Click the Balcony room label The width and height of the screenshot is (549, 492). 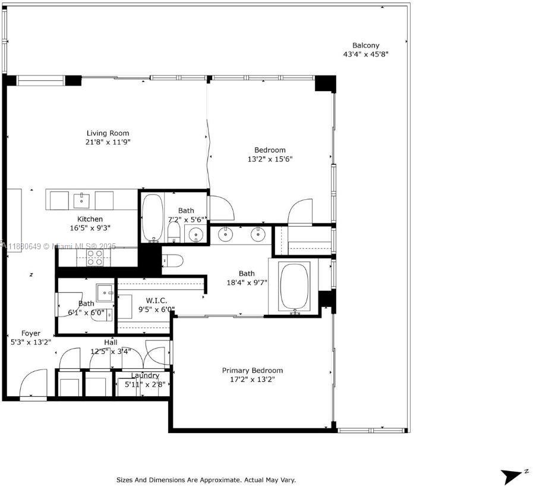pos(365,45)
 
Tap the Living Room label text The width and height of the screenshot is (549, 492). pos(108,133)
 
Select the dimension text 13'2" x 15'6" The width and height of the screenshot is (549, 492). pos(270,159)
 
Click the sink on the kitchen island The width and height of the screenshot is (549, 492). pos(81,200)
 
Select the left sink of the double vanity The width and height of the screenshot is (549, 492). pos(226,234)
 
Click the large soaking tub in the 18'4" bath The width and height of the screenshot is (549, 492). pos(294,286)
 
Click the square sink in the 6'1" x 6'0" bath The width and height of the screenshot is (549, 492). pos(106,293)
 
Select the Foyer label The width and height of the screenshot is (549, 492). pos(31,333)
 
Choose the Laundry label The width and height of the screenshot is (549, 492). pos(145,375)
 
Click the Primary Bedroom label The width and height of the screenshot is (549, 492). pos(253,370)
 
